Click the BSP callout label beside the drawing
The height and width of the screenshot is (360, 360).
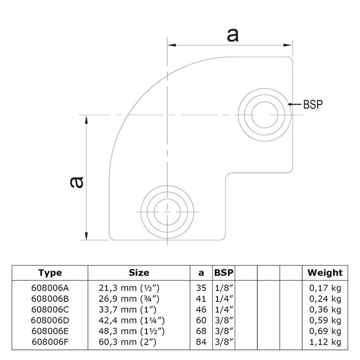tap(312, 104)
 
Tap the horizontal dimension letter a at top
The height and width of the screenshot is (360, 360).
tap(232, 35)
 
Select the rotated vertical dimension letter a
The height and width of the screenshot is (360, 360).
tap(77, 181)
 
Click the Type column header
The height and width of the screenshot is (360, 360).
tap(50, 273)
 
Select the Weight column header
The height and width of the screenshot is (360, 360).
tap(325, 273)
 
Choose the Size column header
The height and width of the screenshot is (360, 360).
tap(139, 273)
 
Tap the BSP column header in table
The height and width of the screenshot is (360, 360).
tap(224, 273)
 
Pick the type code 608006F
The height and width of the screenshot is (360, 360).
tap(50, 342)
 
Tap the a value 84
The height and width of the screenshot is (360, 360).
tap(201, 342)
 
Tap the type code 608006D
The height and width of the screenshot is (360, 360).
tap(50, 320)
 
